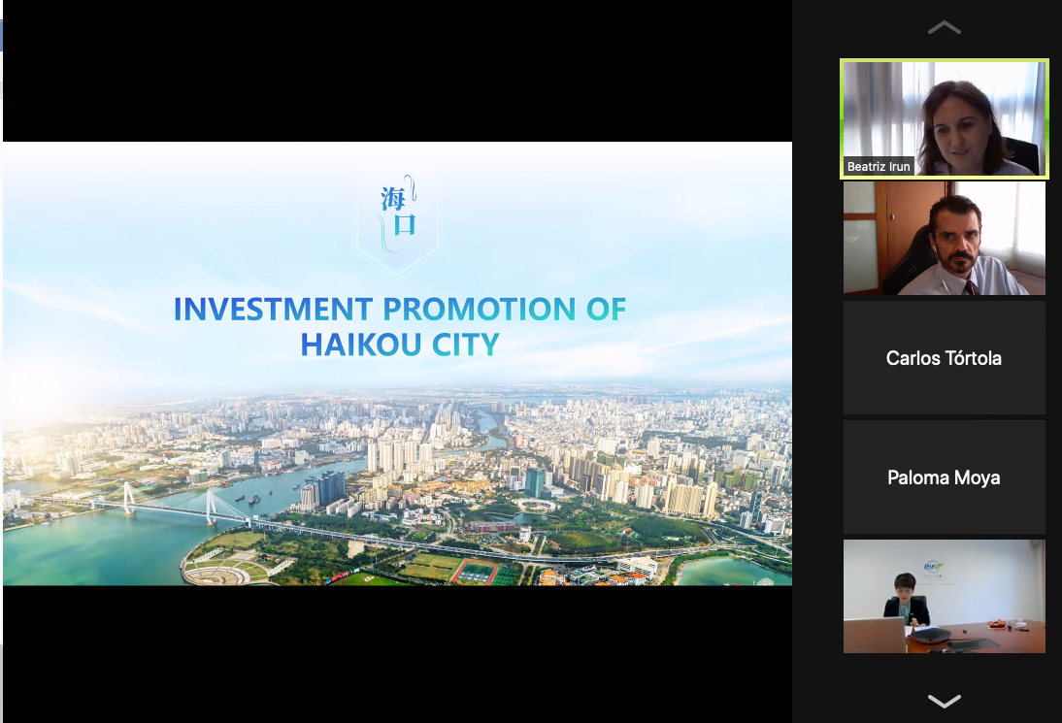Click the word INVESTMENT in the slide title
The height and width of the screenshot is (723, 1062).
[x=273, y=310]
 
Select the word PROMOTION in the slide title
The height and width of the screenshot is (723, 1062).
[x=480, y=310]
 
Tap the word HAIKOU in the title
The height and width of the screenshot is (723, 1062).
[x=362, y=345]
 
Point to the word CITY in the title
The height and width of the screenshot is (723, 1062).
[x=466, y=345]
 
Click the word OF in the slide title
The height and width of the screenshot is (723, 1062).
[x=606, y=310]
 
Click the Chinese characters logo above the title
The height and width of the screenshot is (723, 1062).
[x=398, y=213]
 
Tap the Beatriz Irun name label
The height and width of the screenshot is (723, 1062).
[x=879, y=167]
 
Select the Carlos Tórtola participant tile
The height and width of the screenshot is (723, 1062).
[x=945, y=357]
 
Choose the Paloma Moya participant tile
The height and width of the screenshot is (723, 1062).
[x=945, y=477]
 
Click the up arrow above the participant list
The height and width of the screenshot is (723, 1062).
[x=945, y=28]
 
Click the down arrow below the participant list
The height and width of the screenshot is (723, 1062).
[x=945, y=701]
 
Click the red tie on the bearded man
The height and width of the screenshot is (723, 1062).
[x=971, y=287]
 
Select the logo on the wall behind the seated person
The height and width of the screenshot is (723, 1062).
[x=933, y=568]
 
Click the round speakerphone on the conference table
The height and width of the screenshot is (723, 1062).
[x=931, y=635]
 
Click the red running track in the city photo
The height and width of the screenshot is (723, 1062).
[x=476, y=572]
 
